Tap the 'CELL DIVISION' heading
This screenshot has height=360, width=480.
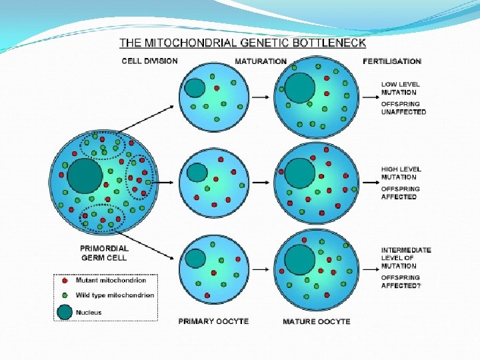pos(149,61)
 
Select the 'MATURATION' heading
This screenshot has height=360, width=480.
pos(261,61)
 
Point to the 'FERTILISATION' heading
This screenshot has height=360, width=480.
pos(392,61)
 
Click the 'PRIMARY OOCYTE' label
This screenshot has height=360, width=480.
pos(213,321)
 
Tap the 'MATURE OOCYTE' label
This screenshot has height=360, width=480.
pos(317,321)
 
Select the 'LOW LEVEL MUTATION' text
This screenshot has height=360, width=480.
pos(399,88)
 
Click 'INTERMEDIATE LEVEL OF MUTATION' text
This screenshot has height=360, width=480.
pos(405,258)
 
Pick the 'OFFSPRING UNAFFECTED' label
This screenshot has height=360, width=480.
pos(403,108)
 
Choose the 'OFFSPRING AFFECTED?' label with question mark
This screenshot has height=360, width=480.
pos(402,281)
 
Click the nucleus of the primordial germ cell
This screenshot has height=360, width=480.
pos(85,175)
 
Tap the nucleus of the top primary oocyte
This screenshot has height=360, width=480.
pos(195,88)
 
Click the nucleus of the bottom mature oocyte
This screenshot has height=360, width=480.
pos(298,258)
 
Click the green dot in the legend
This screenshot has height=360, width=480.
pos(65,295)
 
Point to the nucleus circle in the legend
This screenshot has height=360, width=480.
pos(65,311)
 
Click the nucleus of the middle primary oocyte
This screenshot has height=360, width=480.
pos(197,173)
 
